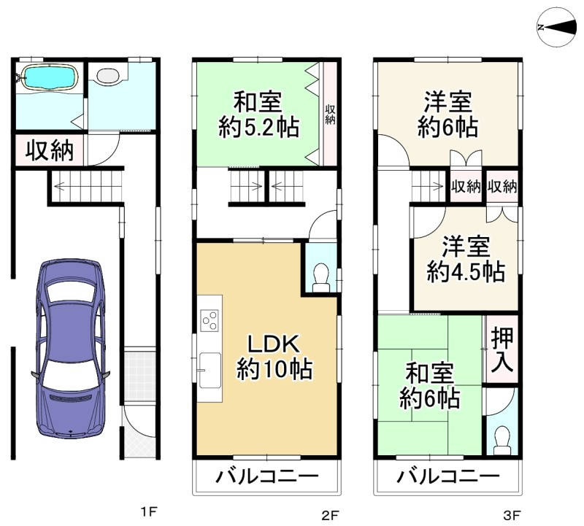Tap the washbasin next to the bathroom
[x=107, y=75]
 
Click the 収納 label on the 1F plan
[x=50, y=151]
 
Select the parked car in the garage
[x=71, y=348]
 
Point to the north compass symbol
[x=556, y=27]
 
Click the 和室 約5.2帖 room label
[x=258, y=115]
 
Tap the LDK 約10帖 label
[x=274, y=357]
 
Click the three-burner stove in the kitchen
[x=210, y=320]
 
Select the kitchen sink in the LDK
[x=210, y=371]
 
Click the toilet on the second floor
[x=320, y=278]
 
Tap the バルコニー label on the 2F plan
[x=267, y=476]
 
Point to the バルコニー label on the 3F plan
[x=447, y=476]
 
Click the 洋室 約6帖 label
[x=448, y=115]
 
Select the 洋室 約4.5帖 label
[x=466, y=260]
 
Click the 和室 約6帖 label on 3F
[x=429, y=386]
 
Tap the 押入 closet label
[x=502, y=349]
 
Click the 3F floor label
[x=512, y=516]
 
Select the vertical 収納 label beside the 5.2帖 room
[x=330, y=115]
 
